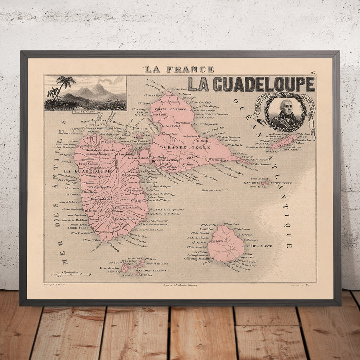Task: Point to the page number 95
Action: coord(312,72)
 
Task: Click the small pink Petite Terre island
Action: coord(264,182)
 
